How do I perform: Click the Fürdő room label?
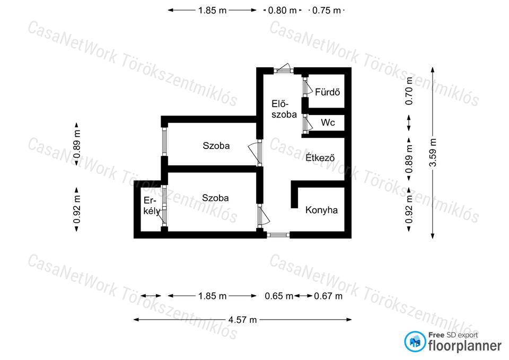[327, 92]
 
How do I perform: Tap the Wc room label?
[328, 122]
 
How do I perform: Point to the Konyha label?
[321, 210]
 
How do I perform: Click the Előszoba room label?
[284, 109]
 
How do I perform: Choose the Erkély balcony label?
[152, 206]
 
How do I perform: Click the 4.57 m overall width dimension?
[242, 320]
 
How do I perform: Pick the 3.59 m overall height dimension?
[433, 153]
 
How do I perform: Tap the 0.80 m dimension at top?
[282, 11]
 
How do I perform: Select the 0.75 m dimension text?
[326, 11]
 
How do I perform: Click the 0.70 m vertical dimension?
[409, 91]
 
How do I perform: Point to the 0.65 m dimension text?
[279, 296]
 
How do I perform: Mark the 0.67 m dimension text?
[328, 296]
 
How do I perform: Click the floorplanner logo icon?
[415, 341]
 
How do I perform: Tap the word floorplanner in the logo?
[465, 346]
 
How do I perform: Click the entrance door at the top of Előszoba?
[283, 69]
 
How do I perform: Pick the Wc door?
[307, 124]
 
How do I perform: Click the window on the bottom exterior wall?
[278, 235]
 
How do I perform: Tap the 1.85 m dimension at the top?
[212, 11]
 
